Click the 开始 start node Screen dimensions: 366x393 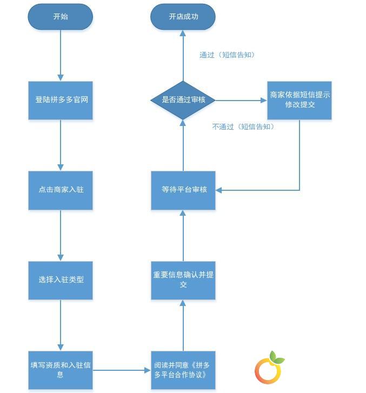(x=60, y=17)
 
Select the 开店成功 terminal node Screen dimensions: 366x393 (x=183, y=17)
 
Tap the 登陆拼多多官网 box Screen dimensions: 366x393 (x=61, y=100)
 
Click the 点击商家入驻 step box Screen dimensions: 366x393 (x=61, y=190)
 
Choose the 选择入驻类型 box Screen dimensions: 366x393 (x=61, y=280)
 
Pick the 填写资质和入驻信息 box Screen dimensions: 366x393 (x=61, y=370)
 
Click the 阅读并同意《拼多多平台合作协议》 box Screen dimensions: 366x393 (x=183, y=370)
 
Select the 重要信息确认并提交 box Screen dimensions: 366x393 (x=183, y=280)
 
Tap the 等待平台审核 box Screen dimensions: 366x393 (x=183, y=190)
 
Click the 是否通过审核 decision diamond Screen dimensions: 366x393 (x=183, y=100)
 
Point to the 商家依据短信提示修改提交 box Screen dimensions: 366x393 (x=300, y=100)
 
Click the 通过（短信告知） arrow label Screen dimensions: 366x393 (x=227, y=55)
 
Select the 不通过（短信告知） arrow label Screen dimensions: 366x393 (x=243, y=126)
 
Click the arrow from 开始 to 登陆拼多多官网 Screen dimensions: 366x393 (x=61, y=55)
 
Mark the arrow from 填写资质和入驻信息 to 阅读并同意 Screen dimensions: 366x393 (x=122, y=370)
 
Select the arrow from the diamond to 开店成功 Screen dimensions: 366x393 (x=183, y=55)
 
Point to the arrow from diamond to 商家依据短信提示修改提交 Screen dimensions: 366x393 (x=242, y=100)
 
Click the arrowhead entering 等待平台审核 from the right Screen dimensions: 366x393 (x=218, y=190)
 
